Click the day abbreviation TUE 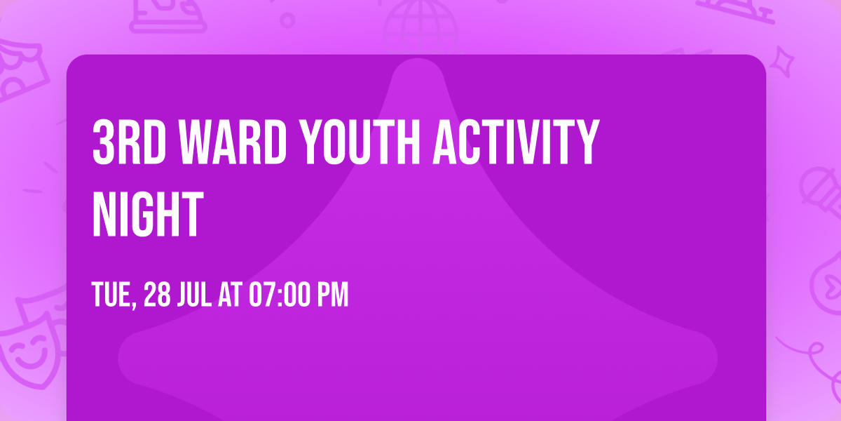(113, 295)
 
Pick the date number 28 (158, 295)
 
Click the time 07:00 (279, 295)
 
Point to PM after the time (332, 295)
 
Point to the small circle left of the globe (288, 20)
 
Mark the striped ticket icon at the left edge (21, 70)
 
